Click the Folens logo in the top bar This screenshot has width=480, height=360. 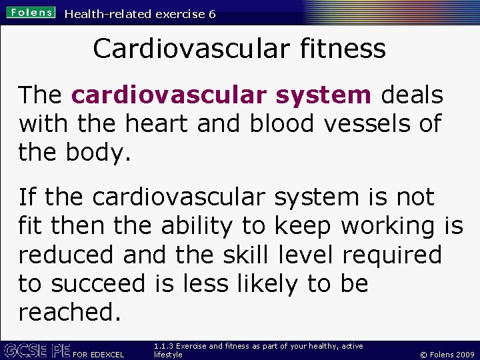31,13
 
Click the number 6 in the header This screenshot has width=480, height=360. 211,14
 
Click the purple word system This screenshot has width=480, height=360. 325,95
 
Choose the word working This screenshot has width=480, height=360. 388,226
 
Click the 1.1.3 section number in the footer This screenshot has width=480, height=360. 163,346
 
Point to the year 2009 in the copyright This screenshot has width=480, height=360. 464,355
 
